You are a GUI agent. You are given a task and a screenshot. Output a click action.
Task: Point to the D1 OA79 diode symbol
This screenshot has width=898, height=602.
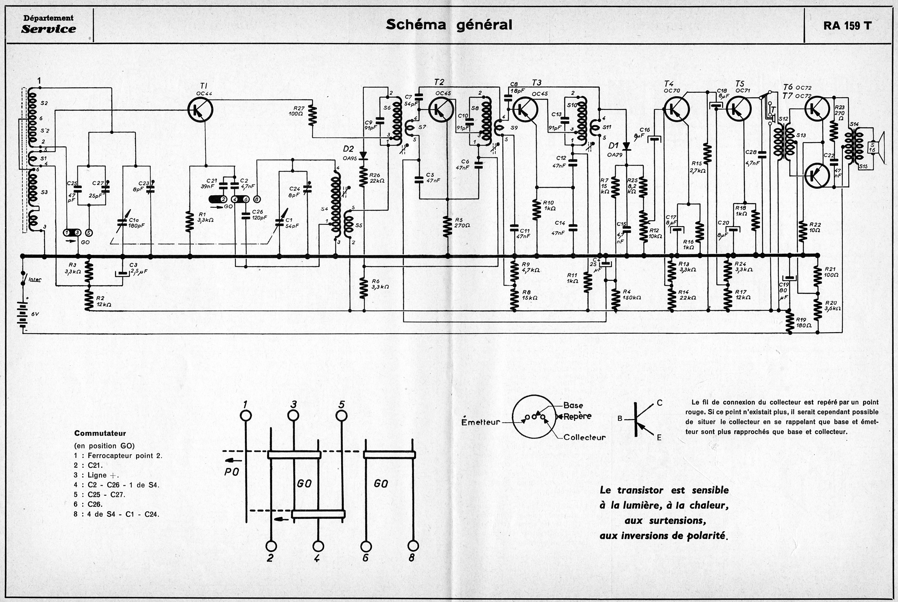[627, 146]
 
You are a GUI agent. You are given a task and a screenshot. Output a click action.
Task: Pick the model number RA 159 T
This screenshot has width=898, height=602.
[847, 26]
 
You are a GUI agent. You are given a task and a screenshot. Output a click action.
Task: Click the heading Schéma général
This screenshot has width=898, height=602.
[449, 25]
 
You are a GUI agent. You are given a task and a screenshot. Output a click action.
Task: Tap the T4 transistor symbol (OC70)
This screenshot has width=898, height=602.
[676, 110]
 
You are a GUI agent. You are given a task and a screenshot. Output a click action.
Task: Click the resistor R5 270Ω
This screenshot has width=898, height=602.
[447, 226]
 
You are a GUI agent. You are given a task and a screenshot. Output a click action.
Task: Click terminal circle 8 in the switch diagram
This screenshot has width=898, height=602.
[413, 546]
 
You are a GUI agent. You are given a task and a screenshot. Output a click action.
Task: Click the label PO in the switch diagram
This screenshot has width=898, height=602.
[232, 471]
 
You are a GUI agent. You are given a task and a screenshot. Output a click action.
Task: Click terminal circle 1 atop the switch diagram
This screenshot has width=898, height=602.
[246, 416]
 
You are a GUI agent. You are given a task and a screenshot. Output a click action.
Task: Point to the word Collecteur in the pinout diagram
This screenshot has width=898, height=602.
[584, 437]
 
